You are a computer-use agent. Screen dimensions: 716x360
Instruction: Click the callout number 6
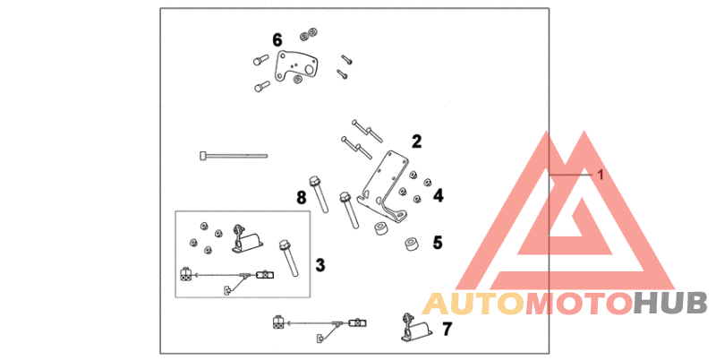point(277,40)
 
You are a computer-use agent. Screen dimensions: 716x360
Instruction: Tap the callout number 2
point(416,141)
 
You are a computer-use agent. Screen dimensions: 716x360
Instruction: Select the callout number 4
point(439,195)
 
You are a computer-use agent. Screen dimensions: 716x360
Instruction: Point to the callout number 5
point(438,243)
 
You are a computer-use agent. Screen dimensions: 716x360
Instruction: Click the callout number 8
point(302,198)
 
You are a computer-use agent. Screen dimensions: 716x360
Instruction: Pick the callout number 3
point(320,265)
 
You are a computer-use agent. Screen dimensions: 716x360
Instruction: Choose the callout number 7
point(447,329)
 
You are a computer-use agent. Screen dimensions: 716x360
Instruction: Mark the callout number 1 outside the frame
point(601,175)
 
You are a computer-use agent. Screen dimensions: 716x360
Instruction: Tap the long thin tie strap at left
point(234,156)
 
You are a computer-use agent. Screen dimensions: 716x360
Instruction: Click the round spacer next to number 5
point(412,244)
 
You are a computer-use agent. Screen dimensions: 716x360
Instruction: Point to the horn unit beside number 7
point(416,329)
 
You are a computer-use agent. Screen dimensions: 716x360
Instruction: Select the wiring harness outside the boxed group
point(320,324)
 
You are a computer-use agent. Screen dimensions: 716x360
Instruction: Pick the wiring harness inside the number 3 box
point(227,277)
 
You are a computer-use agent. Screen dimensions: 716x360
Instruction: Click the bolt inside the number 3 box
point(289,258)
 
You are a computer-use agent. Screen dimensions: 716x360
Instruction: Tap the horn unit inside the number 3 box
point(248,239)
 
